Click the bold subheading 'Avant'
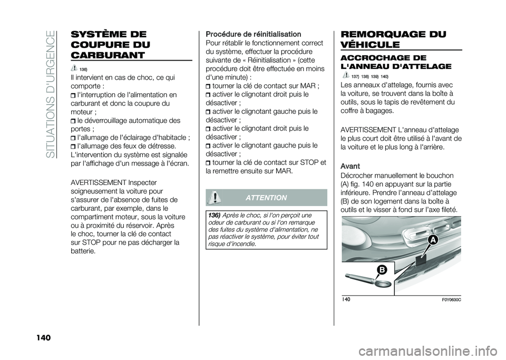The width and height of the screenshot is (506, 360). tap(351, 166)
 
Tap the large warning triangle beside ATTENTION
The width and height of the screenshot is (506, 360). tap(214, 198)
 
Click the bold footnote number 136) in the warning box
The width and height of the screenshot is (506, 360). tap(213, 216)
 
